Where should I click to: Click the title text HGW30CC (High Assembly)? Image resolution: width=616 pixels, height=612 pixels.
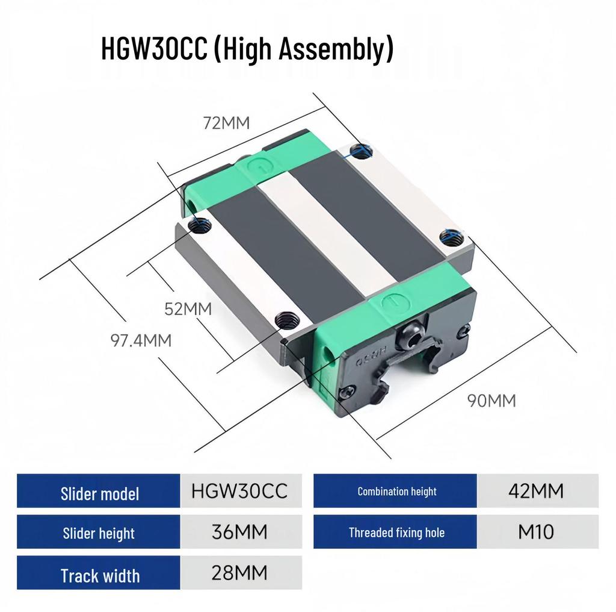[x=247, y=49]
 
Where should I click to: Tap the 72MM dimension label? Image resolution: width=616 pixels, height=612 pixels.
[x=226, y=123]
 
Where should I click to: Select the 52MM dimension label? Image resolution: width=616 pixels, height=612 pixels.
[x=188, y=309]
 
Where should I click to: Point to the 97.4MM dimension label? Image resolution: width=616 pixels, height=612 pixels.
[x=141, y=340]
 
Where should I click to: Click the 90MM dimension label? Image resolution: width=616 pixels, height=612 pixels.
[x=491, y=400]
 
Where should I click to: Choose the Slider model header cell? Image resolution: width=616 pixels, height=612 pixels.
[x=99, y=493]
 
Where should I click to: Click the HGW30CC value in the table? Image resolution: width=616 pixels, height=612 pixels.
[x=239, y=492]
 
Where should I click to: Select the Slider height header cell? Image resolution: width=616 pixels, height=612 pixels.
[x=99, y=532]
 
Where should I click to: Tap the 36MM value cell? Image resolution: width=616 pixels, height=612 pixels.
[x=239, y=532]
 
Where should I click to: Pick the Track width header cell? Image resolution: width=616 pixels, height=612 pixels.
[x=99, y=575]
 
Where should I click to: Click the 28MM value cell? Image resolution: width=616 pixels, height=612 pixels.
[x=239, y=573]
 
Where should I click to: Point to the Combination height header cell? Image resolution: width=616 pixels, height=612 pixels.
[x=396, y=492]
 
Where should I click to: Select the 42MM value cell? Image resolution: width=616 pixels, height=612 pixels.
[x=536, y=492]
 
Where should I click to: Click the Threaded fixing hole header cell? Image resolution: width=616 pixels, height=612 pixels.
[x=396, y=532]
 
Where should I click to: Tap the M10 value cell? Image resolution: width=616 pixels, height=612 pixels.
[x=536, y=532]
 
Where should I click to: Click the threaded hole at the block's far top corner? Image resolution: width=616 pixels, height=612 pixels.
[x=361, y=152]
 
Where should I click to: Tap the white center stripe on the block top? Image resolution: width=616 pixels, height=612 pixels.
[x=325, y=235]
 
